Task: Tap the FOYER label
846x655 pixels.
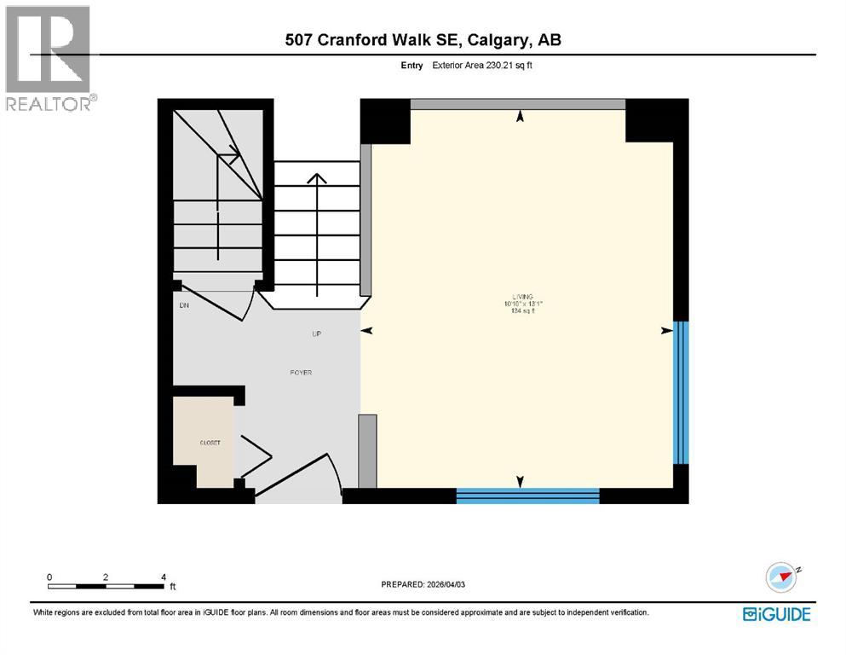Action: pyautogui.click(x=301, y=372)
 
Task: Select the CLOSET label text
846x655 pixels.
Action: pyautogui.click(x=210, y=443)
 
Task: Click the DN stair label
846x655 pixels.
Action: pyautogui.click(x=183, y=304)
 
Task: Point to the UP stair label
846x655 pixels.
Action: pyautogui.click(x=316, y=333)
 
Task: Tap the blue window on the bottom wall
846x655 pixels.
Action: pyautogui.click(x=527, y=496)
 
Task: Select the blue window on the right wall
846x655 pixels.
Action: pyautogui.click(x=680, y=391)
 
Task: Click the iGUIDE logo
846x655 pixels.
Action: pyautogui.click(x=776, y=614)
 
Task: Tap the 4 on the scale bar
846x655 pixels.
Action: pyautogui.click(x=163, y=577)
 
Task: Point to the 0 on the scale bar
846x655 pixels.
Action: pyautogui.click(x=49, y=577)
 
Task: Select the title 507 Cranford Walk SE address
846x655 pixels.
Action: pyautogui.click(x=423, y=39)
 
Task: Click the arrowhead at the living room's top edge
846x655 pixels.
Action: pyautogui.click(x=520, y=118)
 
